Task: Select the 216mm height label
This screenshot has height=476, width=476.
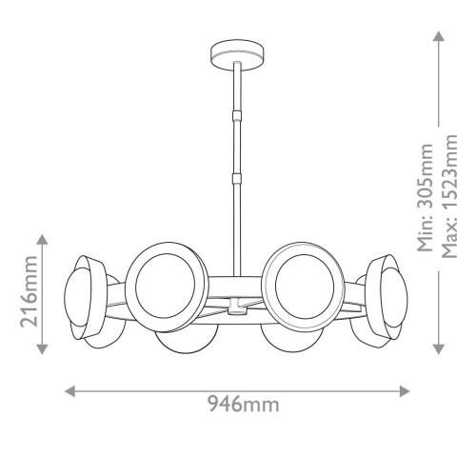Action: pyautogui.click(x=29, y=293)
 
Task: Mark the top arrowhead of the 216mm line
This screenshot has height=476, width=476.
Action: pyautogui.click(x=42, y=238)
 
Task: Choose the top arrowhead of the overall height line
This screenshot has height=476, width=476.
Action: pyautogui.click(x=437, y=36)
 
